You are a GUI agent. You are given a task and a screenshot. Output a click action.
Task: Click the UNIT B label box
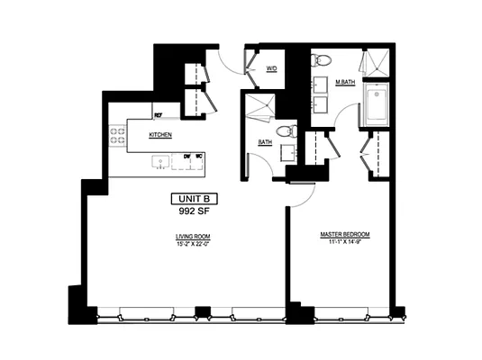coord(194,199)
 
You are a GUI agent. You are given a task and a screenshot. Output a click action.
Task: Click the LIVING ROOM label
coord(194,236)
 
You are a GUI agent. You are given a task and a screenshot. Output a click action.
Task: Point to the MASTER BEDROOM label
coord(345,235)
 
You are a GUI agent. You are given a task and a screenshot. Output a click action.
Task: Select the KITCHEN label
coord(160,135)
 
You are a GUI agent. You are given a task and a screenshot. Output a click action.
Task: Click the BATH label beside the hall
coord(266,141)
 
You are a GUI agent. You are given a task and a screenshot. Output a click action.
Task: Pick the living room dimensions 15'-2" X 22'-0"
coord(194,244)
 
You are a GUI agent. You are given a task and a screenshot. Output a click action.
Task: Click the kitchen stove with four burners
coord(117,136)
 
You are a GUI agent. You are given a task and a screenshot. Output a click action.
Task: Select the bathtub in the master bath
coord(376,105)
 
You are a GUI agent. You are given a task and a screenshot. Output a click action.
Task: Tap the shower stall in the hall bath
coord(259,107)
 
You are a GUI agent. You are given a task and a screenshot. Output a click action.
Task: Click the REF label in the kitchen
coord(158,115)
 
